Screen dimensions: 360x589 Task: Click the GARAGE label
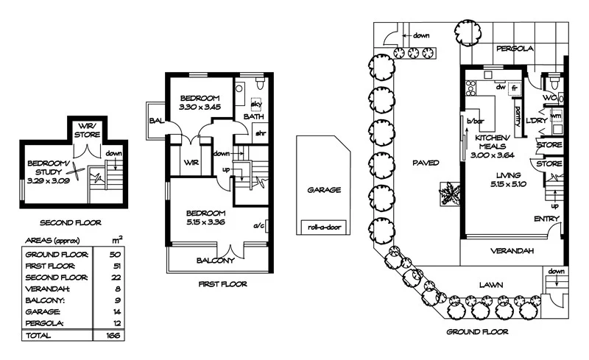323,190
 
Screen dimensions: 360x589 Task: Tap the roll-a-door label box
323,227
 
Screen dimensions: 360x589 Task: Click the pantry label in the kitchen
518,114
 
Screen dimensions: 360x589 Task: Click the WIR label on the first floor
191,162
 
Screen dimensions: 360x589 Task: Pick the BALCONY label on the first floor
215,261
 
